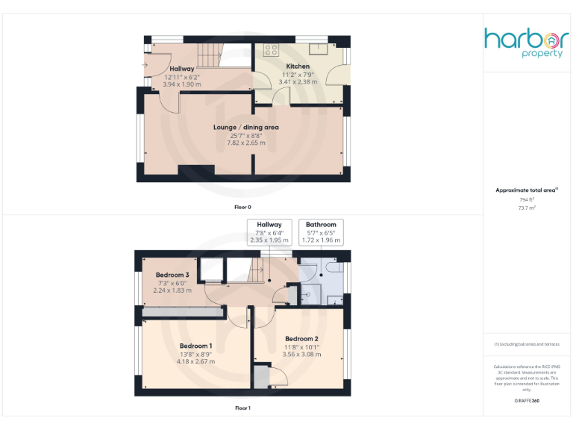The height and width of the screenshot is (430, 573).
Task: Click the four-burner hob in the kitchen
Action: tap(271, 51)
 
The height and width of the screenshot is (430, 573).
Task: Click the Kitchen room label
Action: tap(298, 66)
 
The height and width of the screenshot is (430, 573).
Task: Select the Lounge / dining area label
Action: tap(245, 128)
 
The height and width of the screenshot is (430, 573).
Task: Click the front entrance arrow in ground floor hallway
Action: tap(144, 65)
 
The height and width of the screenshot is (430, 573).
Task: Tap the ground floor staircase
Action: tap(211, 55)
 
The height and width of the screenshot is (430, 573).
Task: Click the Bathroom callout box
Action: tap(321, 232)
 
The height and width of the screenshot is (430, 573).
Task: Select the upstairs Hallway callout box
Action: tap(269, 232)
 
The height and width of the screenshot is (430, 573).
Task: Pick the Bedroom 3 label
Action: tap(173, 275)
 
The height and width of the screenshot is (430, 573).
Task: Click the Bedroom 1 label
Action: tap(195, 346)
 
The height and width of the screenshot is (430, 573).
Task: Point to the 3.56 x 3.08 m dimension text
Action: tap(301, 355)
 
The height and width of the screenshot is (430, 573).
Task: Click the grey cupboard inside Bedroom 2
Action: tap(261, 377)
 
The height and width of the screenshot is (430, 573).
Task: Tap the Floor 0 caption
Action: tap(242, 205)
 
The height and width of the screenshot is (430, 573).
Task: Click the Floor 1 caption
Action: tap(242, 408)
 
